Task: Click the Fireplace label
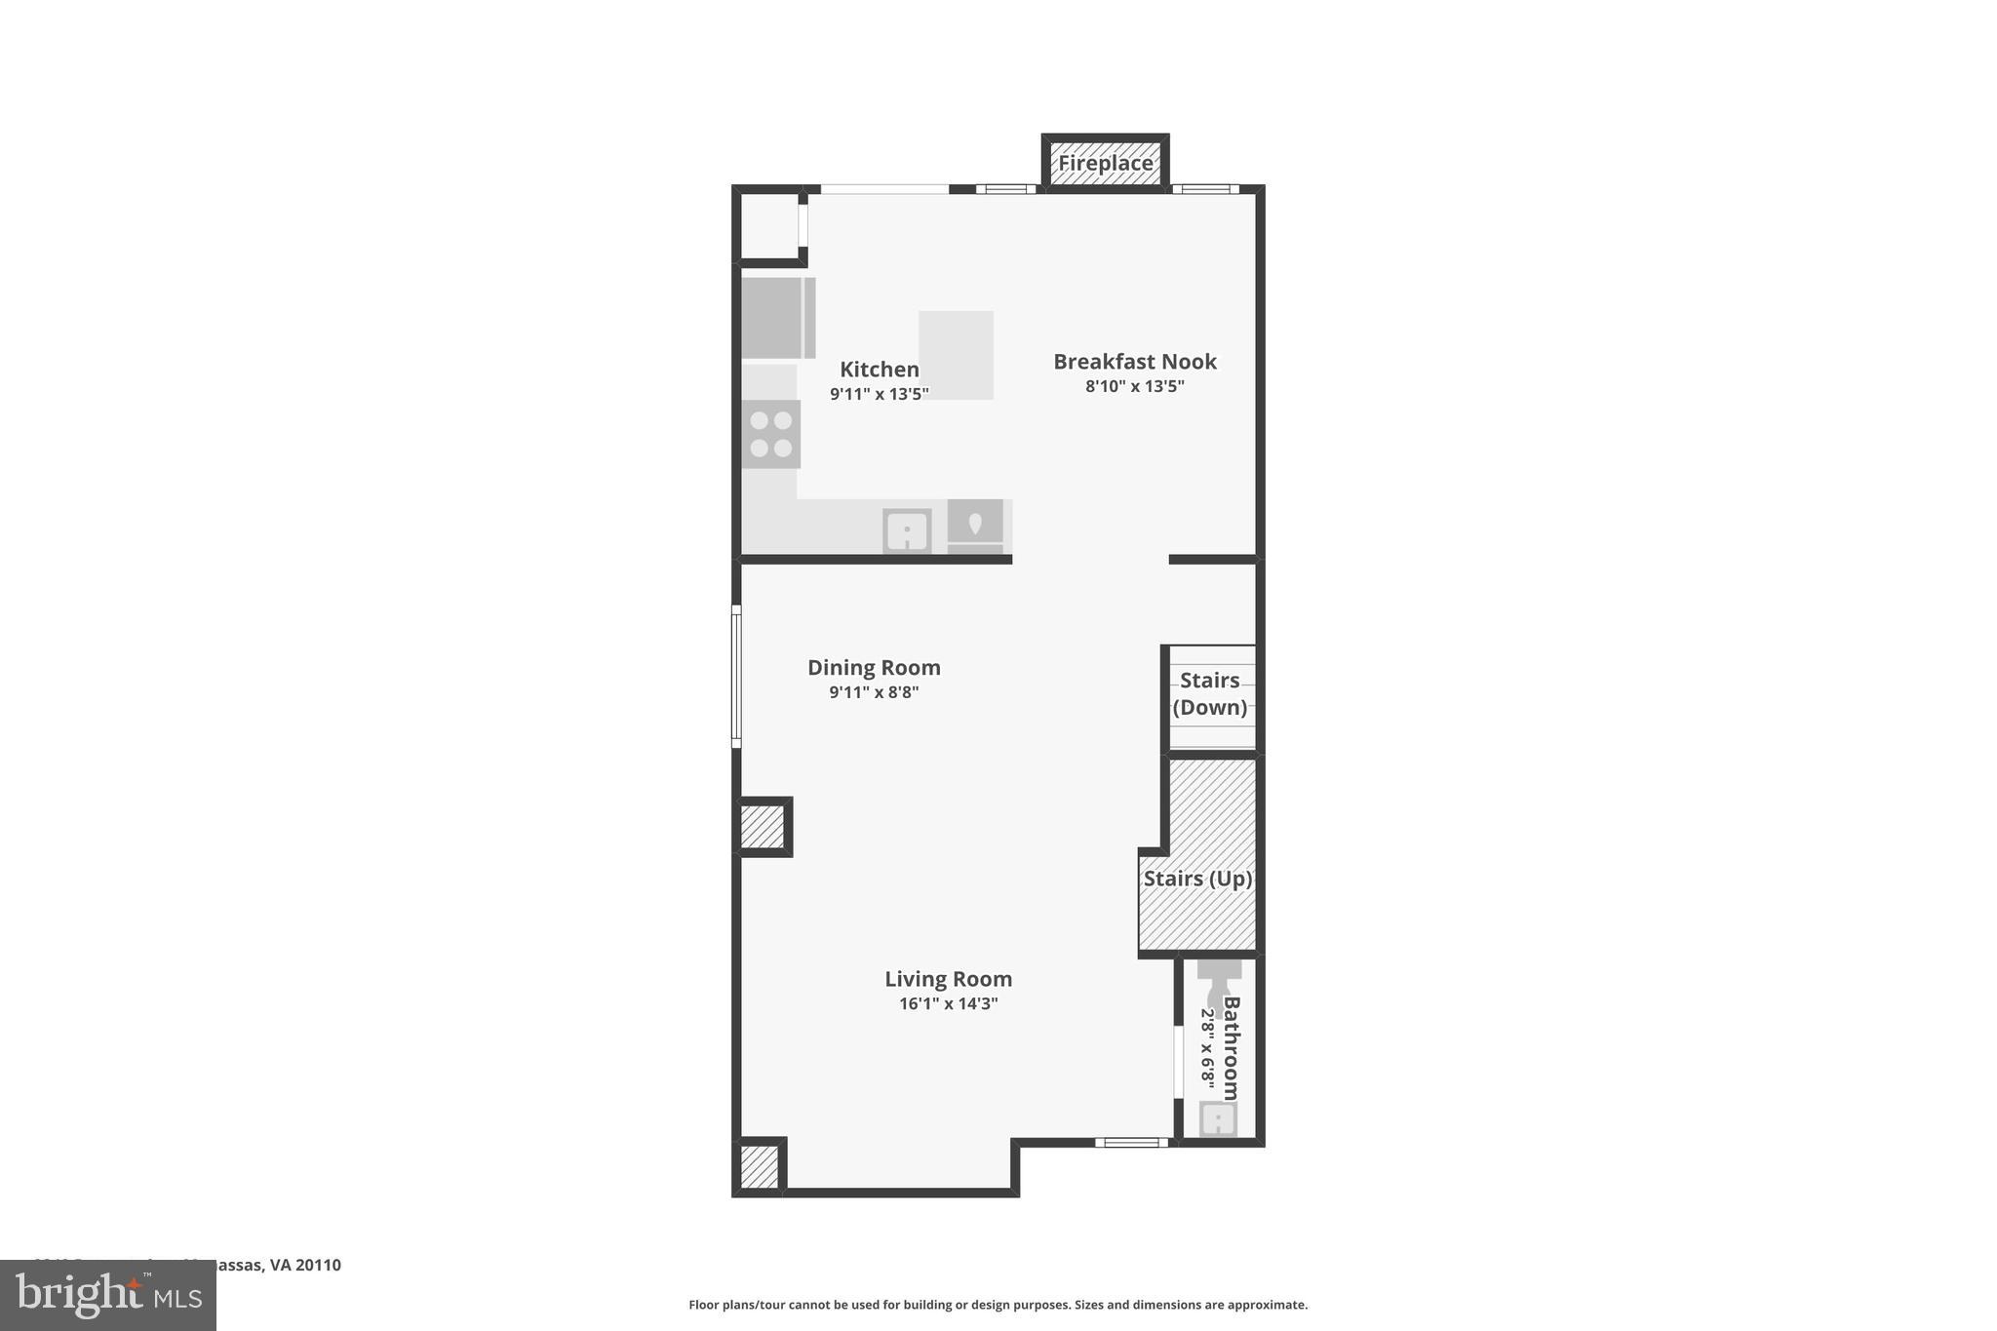click(1105, 163)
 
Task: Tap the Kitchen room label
click(879, 370)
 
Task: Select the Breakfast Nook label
click(1134, 362)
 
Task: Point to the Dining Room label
click(874, 668)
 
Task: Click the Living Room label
click(948, 979)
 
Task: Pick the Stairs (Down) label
click(1209, 693)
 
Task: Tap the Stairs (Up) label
click(1197, 879)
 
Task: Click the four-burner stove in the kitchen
click(770, 435)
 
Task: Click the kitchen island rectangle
click(956, 355)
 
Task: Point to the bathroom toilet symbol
click(1218, 983)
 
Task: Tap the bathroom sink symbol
click(1218, 1118)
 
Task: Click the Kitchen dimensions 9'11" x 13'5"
click(879, 394)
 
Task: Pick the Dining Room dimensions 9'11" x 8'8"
click(874, 692)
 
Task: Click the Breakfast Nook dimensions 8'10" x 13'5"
click(1134, 386)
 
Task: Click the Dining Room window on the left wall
click(736, 676)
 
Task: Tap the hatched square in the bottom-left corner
click(760, 1166)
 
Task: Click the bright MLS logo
click(108, 1295)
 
